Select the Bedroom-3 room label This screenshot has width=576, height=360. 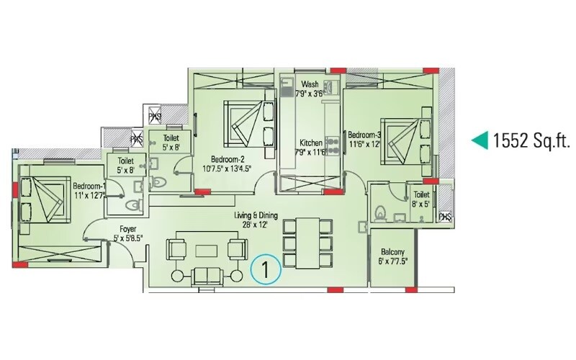(364, 135)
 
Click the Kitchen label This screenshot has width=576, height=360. (311, 142)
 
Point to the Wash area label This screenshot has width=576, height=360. (310, 84)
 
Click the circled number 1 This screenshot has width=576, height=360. (265, 271)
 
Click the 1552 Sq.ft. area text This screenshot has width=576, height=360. (532, 140)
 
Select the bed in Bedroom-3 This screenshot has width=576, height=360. (404, 138)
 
